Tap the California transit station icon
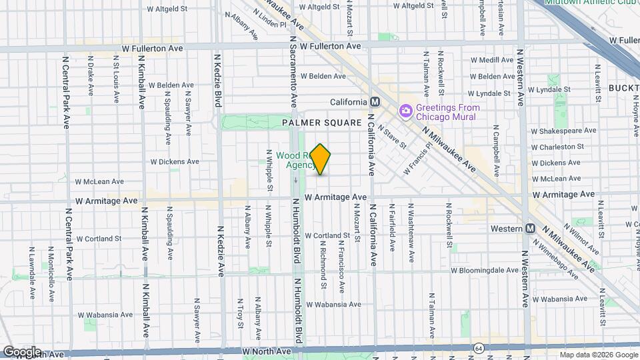tap(375, 102)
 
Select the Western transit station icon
tap(531, 229)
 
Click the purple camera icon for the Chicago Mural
tap(405, 110)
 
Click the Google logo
tap(22, 351)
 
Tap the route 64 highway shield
tap(479, 349)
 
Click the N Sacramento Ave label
tap(293, 73)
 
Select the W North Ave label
tap(267, 351)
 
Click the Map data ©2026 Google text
tap(598, 355)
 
